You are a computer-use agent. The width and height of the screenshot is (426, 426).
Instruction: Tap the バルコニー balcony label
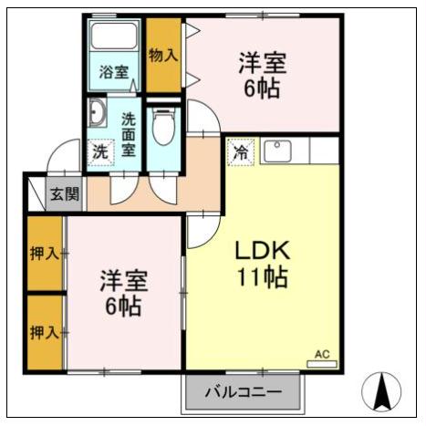[x=242, y=393]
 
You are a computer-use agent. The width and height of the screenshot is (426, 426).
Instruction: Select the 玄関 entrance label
[x=64, y=194]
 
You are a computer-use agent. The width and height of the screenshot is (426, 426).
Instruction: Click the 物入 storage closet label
[x=163, y=56]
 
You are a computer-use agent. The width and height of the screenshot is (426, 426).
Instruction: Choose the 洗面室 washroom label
[x=129, y=134]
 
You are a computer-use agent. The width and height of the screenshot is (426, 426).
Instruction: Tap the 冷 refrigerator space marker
[x=241, y=151]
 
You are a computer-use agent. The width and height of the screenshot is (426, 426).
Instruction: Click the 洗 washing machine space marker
[x=99, y=151]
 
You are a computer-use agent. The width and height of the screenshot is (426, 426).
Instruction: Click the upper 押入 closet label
[x=44, y=253]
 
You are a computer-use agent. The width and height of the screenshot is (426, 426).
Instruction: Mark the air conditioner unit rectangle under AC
[x=321, y=364]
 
